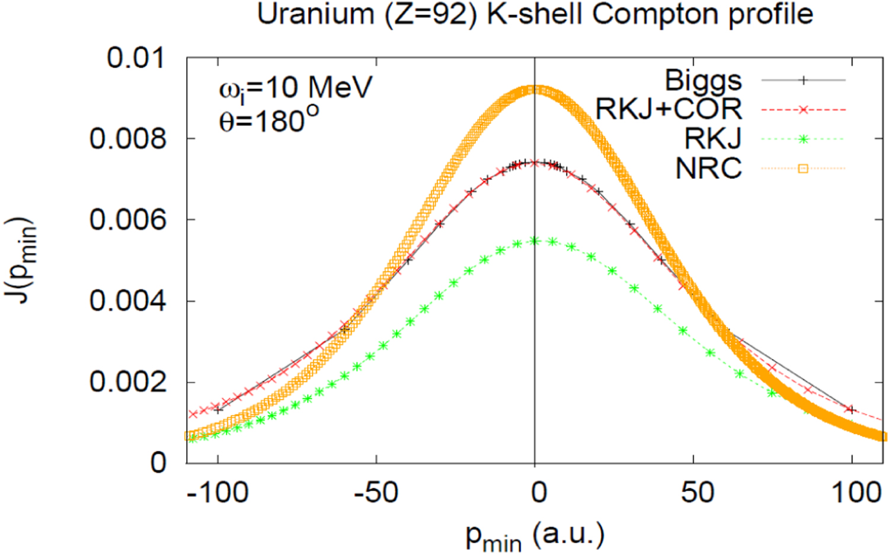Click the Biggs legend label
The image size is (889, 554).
pyautogui.click(x=703, y=80)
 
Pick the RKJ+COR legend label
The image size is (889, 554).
pyautogui.click(x=669, y=109)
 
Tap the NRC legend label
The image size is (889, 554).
pyautogui.click(x=708, y=168)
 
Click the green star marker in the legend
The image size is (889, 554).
pyautogui.click(x=803, y=139)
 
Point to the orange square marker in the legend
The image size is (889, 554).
pyautogui.click(x=803, y=169)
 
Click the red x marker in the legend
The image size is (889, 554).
pyautogui.click(x=803, y=110)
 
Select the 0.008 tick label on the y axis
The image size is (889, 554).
pyautogui.click(x=127, y=139)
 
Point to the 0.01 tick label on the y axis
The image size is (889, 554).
pyautogui.click(x=135, y=58)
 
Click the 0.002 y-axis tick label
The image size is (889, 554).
pyautogui.click(x=127, y=383)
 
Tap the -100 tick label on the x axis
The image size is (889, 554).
pyautogui.click(x=218, y=493)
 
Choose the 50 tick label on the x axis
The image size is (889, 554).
pyautogui.click(x=696, y=493)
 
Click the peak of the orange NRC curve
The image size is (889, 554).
pyautogui.click(x=535, y=90)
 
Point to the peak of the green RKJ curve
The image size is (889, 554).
pyautogui.click(x=535, y=240)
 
